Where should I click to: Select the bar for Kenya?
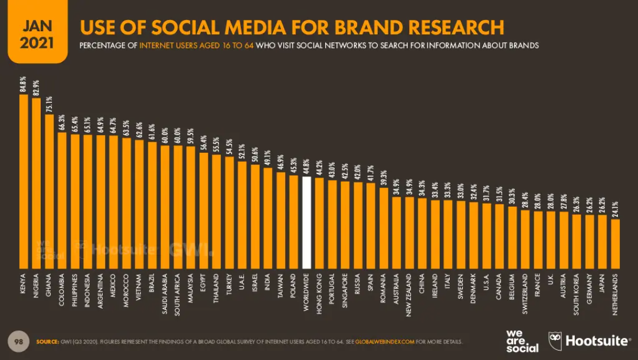[24, 181]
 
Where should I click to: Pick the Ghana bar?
[50, 191]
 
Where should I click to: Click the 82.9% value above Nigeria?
[37, 86]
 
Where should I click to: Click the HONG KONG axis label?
[319, 290]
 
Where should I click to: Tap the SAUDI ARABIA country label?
[165, 293]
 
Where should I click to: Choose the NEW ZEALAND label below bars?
[409, 293]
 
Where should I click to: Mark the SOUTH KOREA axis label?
[577, 294]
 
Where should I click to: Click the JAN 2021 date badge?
[37, 34]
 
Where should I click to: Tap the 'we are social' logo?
[522, 341]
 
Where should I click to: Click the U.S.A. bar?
[487, 235]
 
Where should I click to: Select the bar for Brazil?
[152, 204]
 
